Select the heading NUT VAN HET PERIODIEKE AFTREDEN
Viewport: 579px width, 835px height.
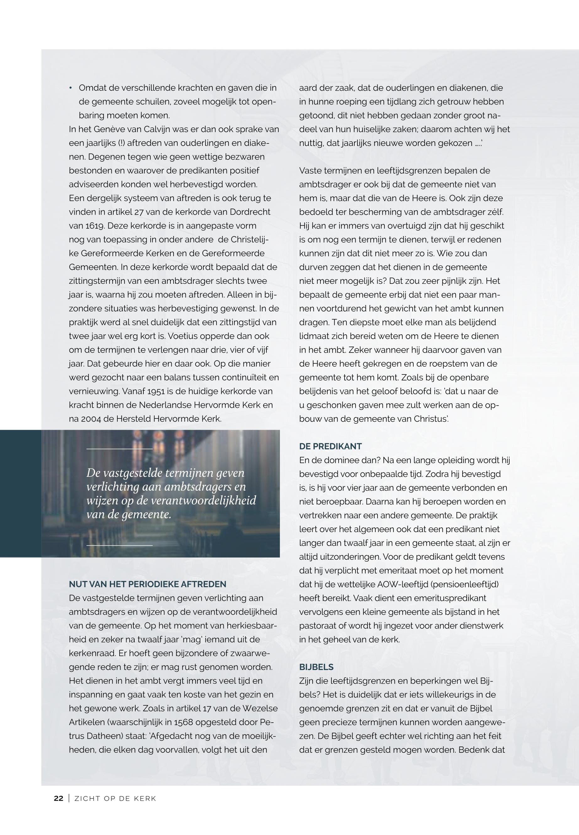[147, 584]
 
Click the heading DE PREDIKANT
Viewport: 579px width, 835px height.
[330, 446]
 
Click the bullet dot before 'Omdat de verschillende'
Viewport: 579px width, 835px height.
[71, 88]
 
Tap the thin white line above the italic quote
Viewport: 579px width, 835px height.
[119, 449]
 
